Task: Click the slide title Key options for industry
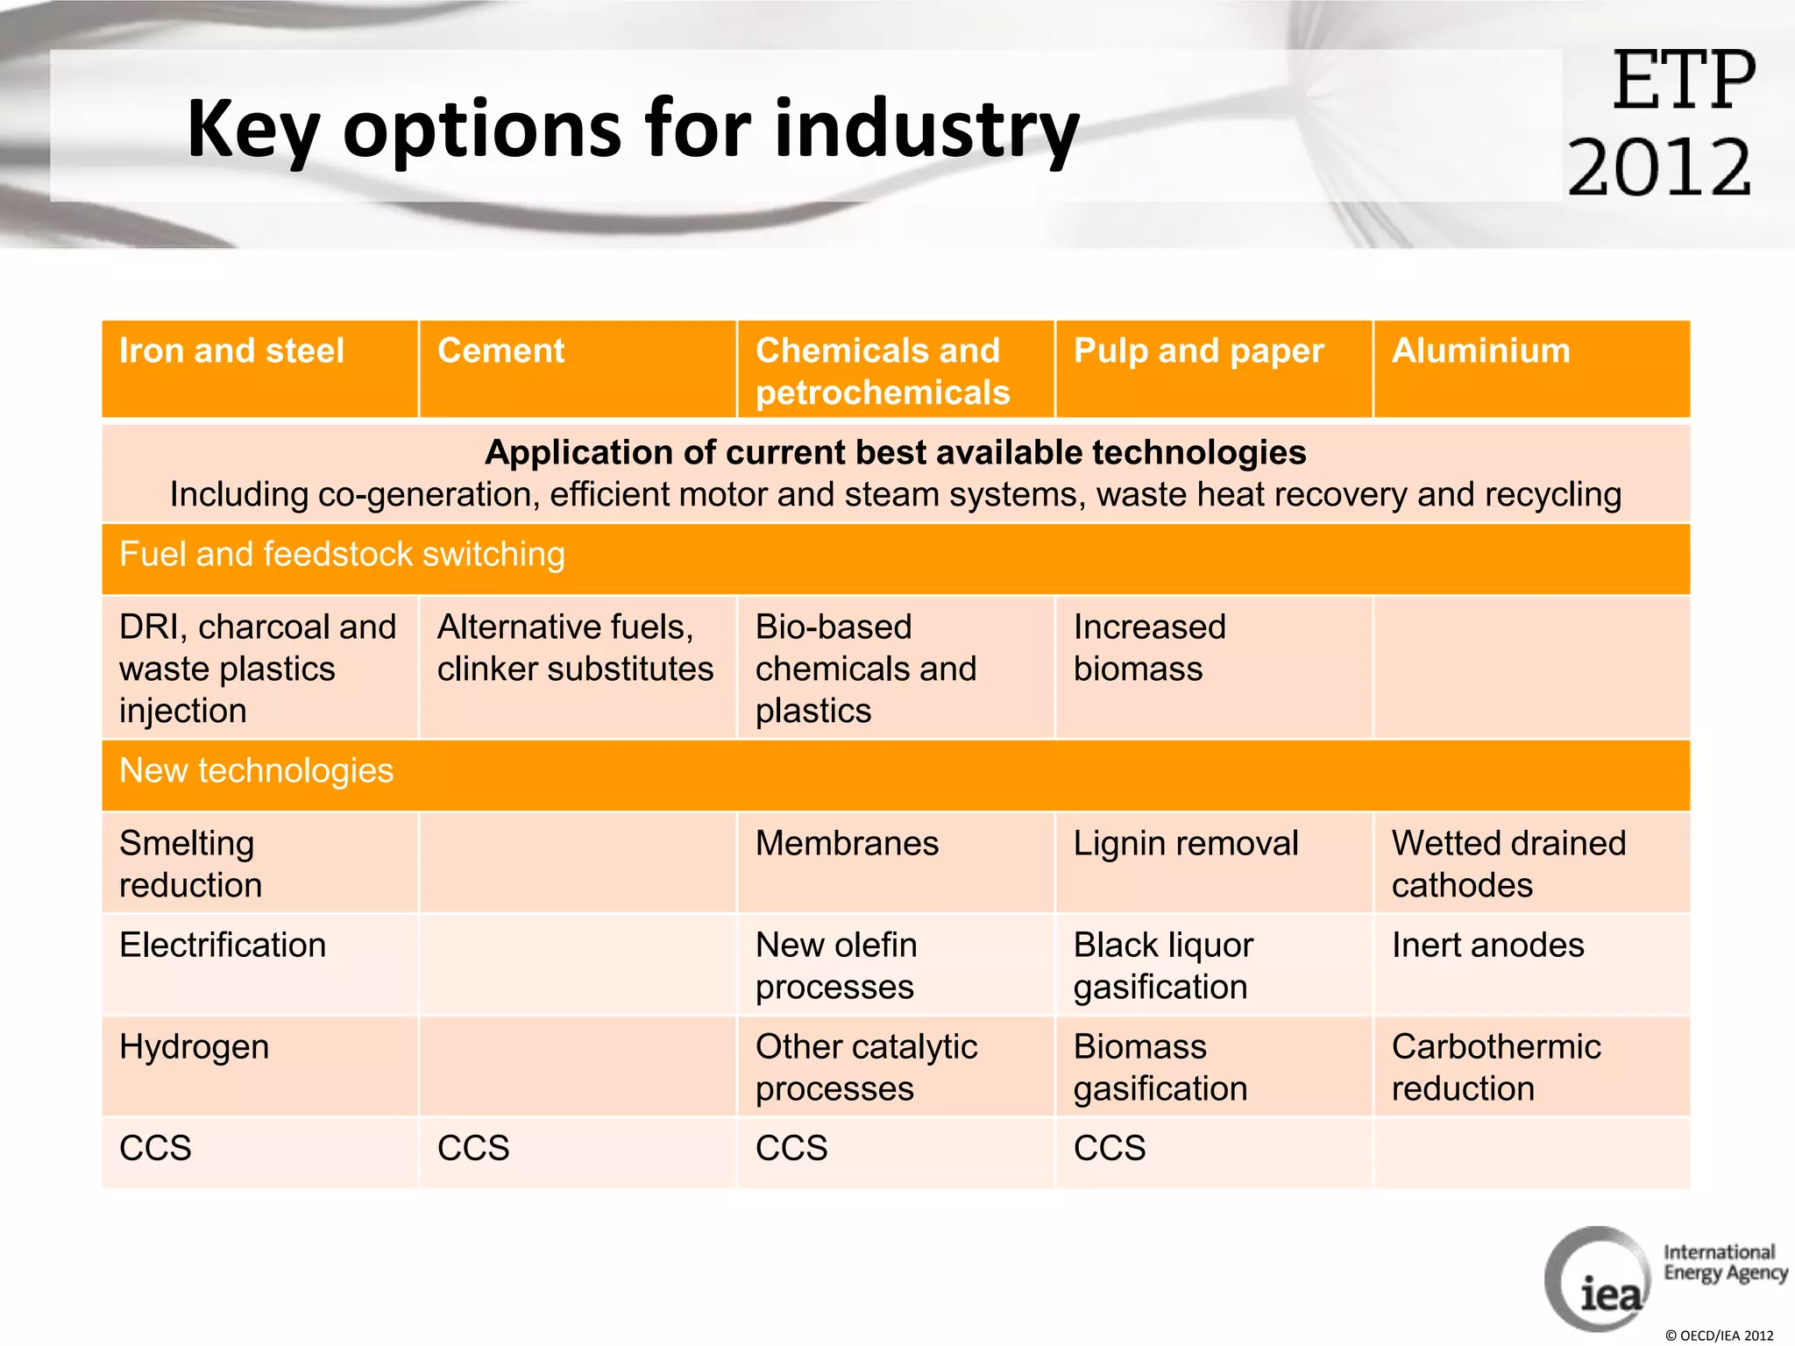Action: click(x=633, y=129)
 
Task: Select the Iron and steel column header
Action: click(x=232, y=351)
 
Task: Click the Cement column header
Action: click(x=501, y=351)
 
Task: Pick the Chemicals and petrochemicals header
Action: click(x=883, y=372)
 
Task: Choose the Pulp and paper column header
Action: click(x=1198, y=351)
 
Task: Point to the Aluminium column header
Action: click(x=1481, y=351)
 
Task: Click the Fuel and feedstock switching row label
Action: click(x=342, y=555)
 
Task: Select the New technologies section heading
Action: click(x=256, y=771)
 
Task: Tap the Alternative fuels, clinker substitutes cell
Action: click(x=575, y=648)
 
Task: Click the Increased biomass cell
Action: click(x=1149, y=648)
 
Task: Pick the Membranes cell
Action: click(x=847, y=844)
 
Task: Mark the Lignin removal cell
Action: click(x=1186, y=844)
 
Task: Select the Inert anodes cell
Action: click(x=1487, y=946)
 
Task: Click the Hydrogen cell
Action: click(x=195, y=1047)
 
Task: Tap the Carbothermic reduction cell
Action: click(x=1495, y=1067)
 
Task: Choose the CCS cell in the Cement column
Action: click(x=473, y=1149)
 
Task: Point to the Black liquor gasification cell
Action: click(x=1163, y=966)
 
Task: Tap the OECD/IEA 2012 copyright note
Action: click(x=1718, y=1335)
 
